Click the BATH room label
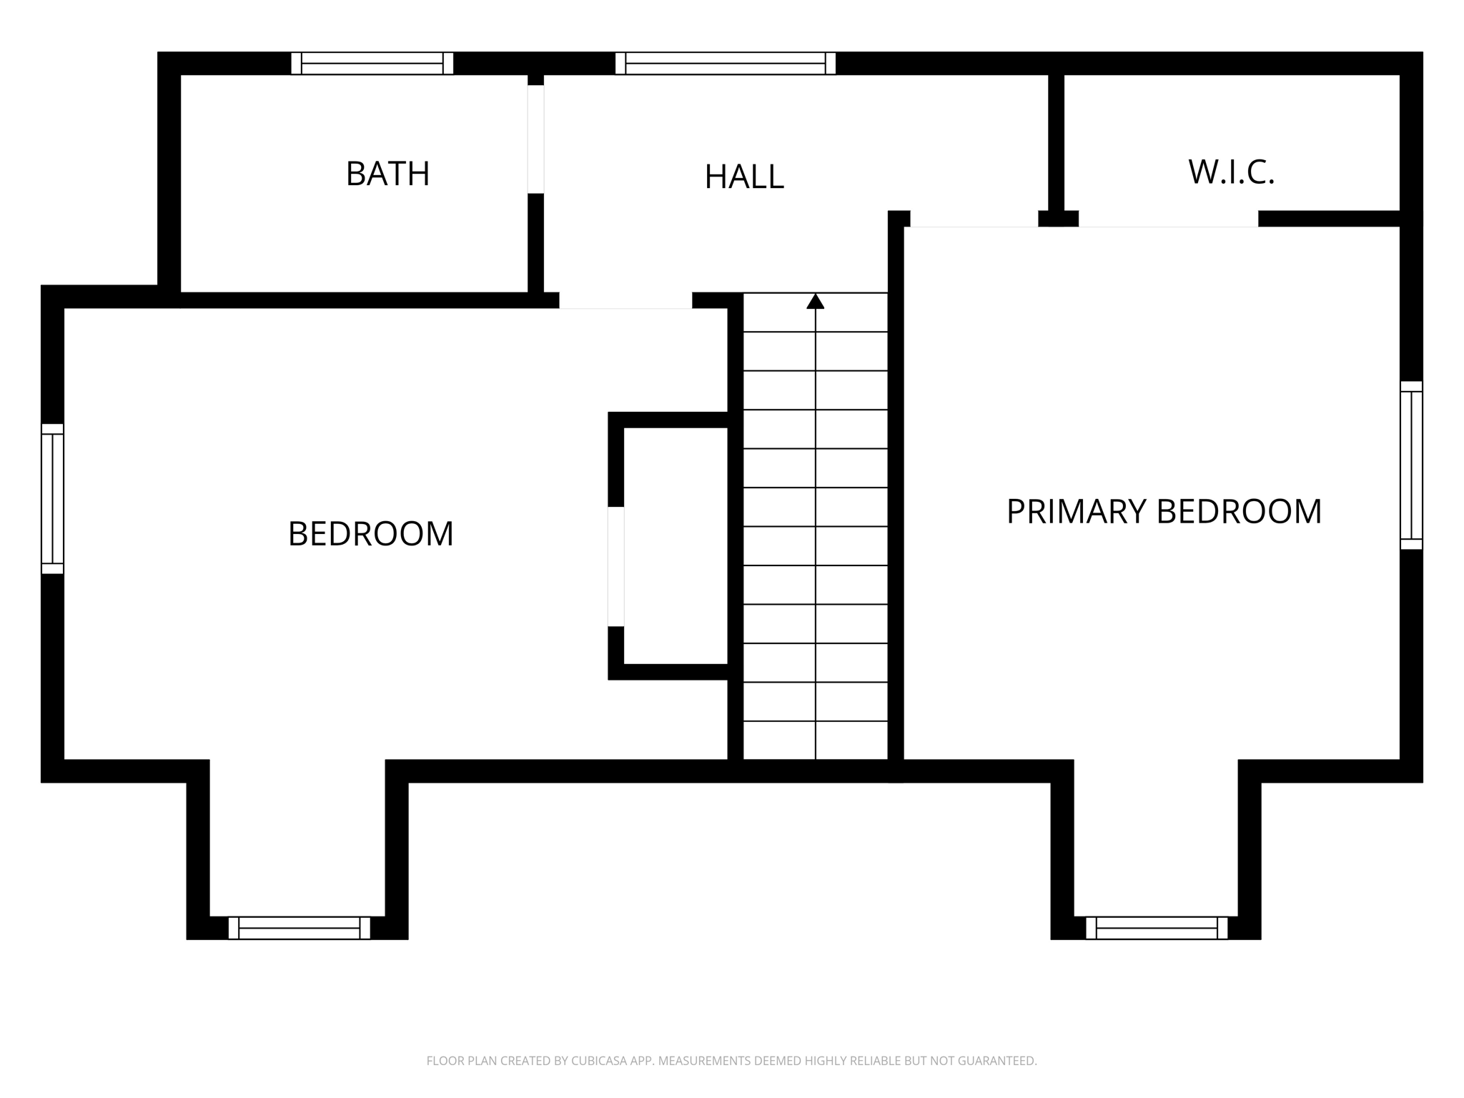[387, 174]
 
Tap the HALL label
[744, 177]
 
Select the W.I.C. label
[1231, 172]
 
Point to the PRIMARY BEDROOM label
[1164, 512]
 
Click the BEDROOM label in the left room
[370, 534]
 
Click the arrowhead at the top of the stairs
[816, 301]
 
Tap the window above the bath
[372, 63]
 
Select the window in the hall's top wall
[726, 63]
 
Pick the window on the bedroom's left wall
[53, 499]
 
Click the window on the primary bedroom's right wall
[1411, 465]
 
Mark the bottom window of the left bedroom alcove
[300, 928]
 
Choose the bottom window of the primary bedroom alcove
[1157, 928]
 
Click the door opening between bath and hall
[536, 139]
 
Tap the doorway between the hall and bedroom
[625, 301]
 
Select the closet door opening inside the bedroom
[616, 567]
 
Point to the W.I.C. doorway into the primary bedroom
[1168, 219]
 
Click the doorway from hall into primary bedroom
[974, 219]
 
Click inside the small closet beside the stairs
[676, 546]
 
